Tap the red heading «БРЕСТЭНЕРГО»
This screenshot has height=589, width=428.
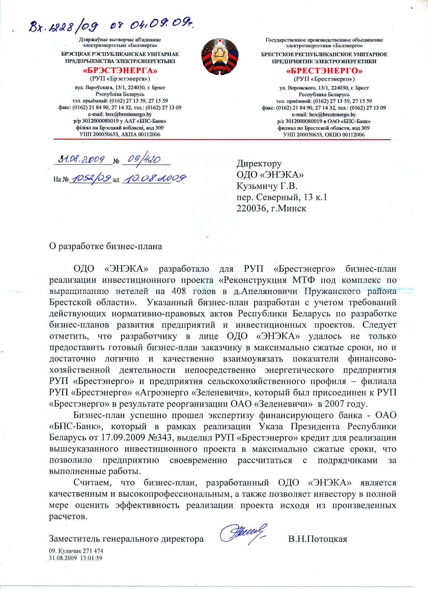[x=324, y=70]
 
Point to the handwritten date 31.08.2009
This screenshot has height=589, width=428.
[x=82, y=160]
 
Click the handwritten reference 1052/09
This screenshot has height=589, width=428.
[x=91, y=179]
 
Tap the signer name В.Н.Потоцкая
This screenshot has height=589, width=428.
[x=318, y=539]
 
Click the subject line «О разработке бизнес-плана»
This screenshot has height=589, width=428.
[x=106, y=246]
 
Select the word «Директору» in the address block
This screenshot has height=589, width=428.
[x=259, y=163]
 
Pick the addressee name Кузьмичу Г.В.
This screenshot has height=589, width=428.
[x=267, y=186]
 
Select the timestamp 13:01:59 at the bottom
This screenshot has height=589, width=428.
[x=91, y=558]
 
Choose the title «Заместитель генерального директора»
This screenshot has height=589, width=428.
[x=126, y=539]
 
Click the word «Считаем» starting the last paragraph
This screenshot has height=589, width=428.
[x=94, y=483]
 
